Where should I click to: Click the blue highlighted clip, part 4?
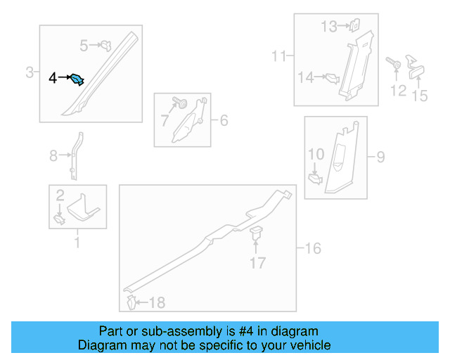[77, 79]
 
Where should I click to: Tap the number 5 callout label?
[84, 46]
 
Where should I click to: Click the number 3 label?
[30, 72]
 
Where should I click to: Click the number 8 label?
[53, 156]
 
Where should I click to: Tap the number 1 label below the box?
[77, 243]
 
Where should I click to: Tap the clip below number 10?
[316, 178]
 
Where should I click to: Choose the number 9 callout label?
[380, 156]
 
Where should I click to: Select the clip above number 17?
[257, 234]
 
